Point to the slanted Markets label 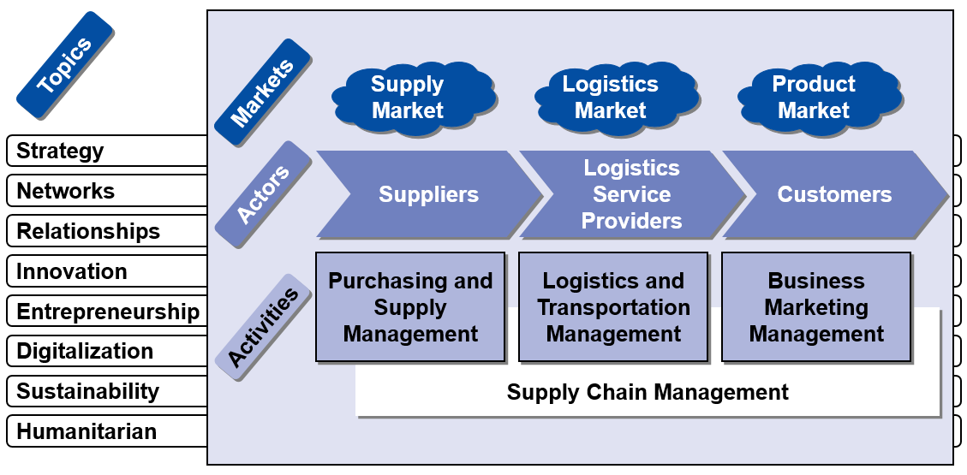(262, 92)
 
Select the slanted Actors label (263, 195)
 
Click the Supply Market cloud (409, 98)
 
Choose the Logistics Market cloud (611, 98)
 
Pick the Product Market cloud (814, 98)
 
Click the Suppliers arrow (428, 194)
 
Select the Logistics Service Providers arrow (631, 194)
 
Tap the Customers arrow (834, 194)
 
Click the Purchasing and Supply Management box (410, 306)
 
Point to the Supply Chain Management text (648, 393)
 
